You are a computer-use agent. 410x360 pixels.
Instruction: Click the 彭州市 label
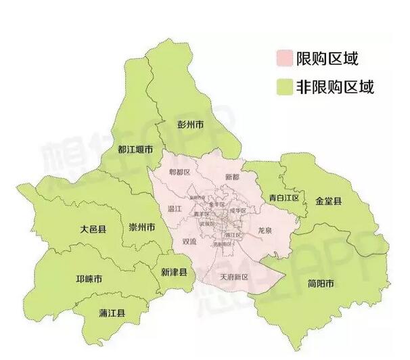click(191, 125)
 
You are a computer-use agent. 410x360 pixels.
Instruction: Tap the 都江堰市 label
click(135, 150)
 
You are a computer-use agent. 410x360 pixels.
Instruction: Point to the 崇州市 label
click(142, 226)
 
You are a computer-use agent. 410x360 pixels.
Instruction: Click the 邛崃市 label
click(89, 279)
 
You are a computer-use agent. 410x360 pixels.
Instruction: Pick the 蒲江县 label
click(113, 313)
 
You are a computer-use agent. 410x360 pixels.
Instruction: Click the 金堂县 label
click(329, 201)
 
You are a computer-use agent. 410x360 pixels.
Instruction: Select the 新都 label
click(231, 177)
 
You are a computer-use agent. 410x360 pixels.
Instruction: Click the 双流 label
click(189, 241)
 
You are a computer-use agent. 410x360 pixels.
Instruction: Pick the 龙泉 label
click(265, 231)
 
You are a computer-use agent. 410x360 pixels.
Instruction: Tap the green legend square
click(284, 87)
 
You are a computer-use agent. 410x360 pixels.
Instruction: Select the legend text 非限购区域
click(334, 87)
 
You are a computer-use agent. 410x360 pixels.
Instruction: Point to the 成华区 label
click(237, 210)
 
